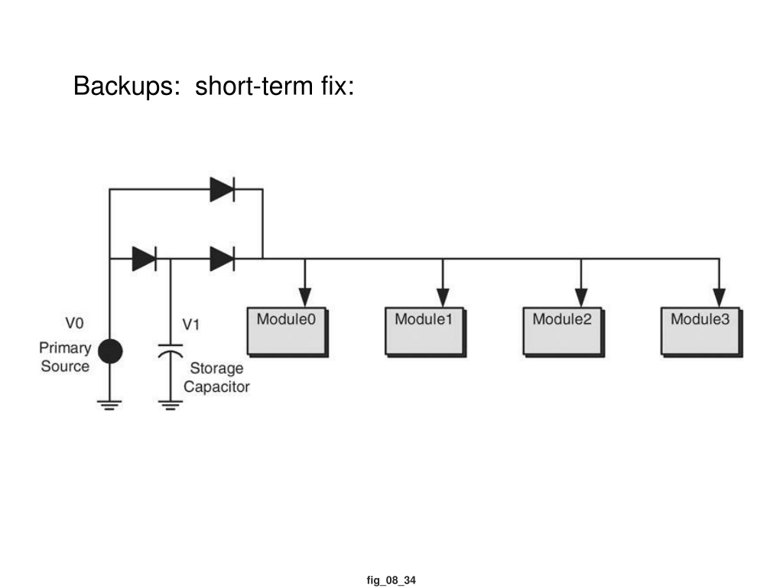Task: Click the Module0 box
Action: coord(288,332)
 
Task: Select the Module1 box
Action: coord(425,332)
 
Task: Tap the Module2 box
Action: coord(564,332)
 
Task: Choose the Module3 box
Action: coord(702,332)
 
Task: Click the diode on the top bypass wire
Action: coord(223,190)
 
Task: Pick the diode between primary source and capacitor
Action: coord(145,259)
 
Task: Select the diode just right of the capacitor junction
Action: coord(223,259)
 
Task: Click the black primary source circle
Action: coord(110,351)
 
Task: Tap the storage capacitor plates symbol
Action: coord(171,351)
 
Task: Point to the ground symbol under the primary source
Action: coord(110,405)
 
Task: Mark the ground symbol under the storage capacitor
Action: coord(171,405)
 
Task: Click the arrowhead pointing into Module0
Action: coord(305,297)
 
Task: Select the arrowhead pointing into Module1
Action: coord(443,297)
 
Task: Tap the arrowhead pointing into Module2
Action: coord(581,297)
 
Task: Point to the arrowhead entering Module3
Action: coord(719,297)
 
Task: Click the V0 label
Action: coord(74,324)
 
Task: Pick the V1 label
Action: coord(190,325)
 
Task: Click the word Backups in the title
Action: coord(126,86)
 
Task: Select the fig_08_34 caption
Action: coord(391,580)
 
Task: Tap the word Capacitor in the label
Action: coord(216,387)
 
